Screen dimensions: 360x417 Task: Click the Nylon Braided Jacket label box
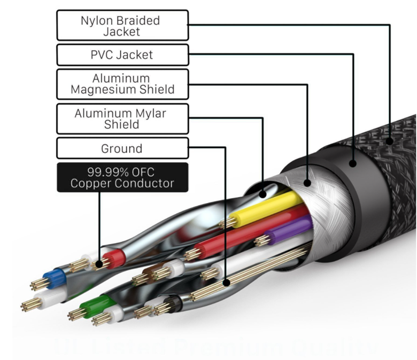pyautogui.click(x=122, y=25)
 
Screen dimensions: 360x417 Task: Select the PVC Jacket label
pyautogui.click(x=122, y=55)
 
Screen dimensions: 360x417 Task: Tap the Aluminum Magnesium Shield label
pyautogui.click(x=122, y=84)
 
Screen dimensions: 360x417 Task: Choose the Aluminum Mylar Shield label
pyautogui.click(x=122, y=119)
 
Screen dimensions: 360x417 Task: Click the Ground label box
pyautogui.click(x=122, y=148)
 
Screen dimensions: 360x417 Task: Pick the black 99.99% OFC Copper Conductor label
pyautogui.click(x=122, y=178)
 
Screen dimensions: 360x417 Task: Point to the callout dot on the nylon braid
pyautogui.click(x=390, y=142)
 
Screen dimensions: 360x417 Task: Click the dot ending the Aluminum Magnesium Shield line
pyautogui.click(x=307, y=183)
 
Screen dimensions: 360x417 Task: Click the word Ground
pyautogui.click(x=122, y=148)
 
